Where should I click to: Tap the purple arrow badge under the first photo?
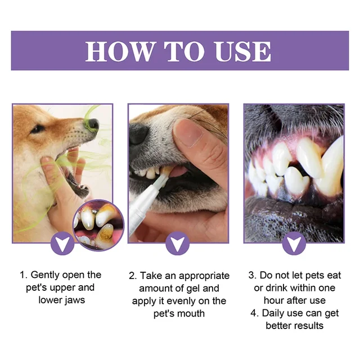point(62,243)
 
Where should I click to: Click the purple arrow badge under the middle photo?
point(178,243)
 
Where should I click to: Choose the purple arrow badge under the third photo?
point(294,243)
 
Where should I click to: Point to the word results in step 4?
point(307,325)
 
